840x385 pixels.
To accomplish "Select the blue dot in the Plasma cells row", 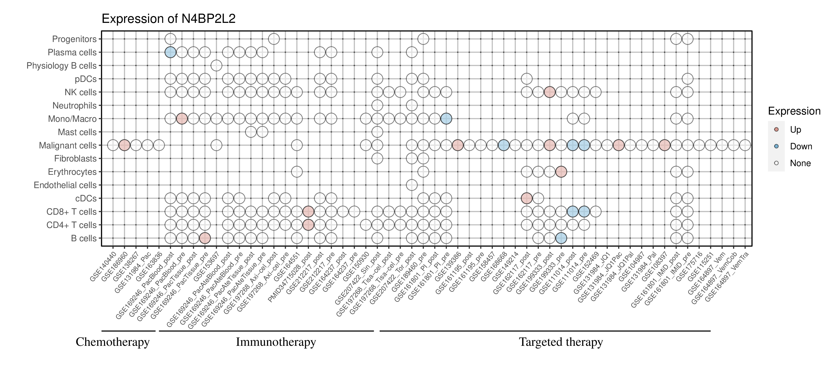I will pos(170,52).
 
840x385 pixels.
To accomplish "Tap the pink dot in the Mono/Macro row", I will pos(182,119).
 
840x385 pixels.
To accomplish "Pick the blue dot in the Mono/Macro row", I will pos(446,119).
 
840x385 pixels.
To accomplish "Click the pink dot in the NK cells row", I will pos(549,92).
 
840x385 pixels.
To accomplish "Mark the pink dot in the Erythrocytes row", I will pos(561,172).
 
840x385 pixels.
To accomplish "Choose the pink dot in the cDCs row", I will pos(527,198).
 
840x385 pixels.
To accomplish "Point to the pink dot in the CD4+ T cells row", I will pos(308,225).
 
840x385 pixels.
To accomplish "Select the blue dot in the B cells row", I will pos(561,238).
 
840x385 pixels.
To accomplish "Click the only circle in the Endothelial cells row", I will pos(412,185).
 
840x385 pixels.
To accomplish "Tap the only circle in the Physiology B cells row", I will pos(216,66).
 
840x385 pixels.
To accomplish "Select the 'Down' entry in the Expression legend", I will pos(801,146).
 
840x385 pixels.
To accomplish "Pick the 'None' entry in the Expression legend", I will pos(800,163).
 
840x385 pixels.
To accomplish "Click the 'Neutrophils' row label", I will pos(74,106).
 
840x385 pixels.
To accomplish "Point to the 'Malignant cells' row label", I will pos(67,145).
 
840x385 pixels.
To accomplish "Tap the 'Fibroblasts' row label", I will pos(75,159).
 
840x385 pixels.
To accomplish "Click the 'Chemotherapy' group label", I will pos(112,342).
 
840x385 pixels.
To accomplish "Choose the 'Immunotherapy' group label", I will pos(276,342).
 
